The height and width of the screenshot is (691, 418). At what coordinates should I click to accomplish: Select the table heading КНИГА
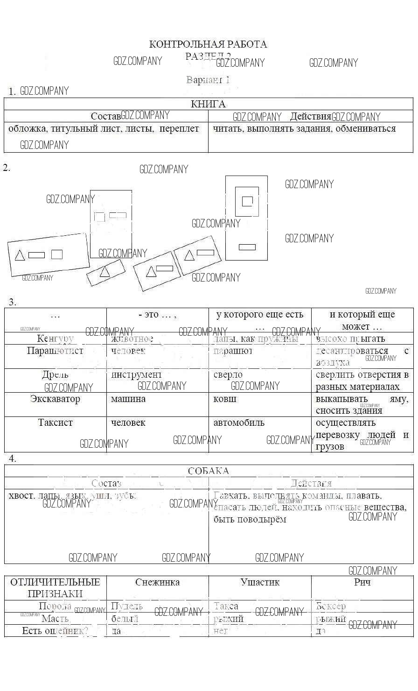(x=208, y=104)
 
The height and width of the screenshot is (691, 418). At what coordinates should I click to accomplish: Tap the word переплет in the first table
(x=179, y=129)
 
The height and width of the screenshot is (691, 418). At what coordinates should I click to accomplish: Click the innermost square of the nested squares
(x=247, y=201)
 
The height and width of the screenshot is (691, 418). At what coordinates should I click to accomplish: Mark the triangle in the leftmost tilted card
(x=20, y=255)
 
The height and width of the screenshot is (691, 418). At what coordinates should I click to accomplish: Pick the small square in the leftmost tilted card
(x=57, y=254)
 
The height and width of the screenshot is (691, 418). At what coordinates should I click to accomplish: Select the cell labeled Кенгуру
(x=55, y=338)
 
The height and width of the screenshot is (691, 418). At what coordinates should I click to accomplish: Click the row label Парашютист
(x=55, y=351)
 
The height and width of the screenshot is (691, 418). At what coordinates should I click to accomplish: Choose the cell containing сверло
(x=228, y=374)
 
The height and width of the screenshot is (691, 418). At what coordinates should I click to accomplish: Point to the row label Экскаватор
(x=55, y=399)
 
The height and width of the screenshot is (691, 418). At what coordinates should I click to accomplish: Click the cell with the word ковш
(x=225, y=399)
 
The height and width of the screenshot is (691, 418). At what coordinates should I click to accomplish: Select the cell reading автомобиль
(x=239, y=423)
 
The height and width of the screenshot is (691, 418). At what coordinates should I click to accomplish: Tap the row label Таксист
(x=55, y=423)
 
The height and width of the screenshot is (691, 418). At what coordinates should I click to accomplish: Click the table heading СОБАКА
(x=208, y=471)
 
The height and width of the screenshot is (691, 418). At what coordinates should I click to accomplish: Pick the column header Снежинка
(x=157, y=582)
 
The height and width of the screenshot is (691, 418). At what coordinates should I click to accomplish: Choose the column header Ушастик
(x=260, y=582)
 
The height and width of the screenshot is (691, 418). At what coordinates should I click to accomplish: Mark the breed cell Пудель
(x=127, y=606)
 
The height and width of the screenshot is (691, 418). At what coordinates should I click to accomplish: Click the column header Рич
(x=362, y=582)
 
